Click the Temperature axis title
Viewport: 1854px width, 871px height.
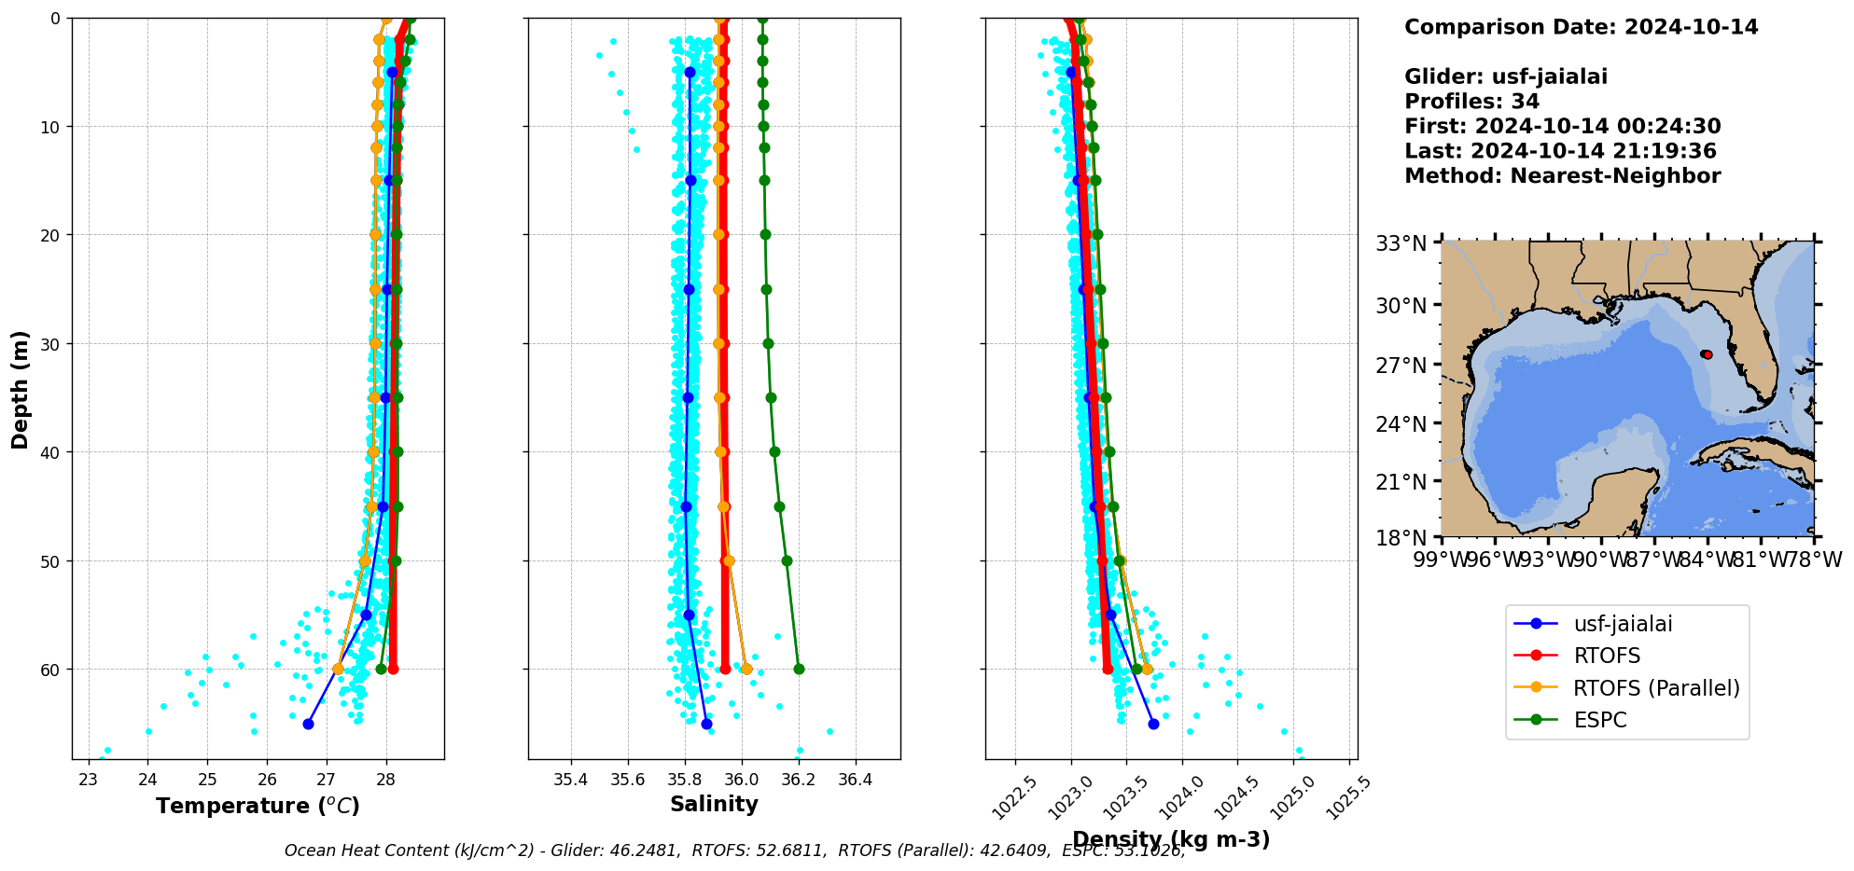(x=258, y=806)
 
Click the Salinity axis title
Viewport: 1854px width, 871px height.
(x=714, y=804)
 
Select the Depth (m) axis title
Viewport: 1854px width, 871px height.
(x=21, y=389)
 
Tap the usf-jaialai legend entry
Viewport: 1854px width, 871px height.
(x=1623, y=624)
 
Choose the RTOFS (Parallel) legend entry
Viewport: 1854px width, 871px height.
(x=1656, y=688)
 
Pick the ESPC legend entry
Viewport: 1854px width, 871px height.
(x=1599, y=720)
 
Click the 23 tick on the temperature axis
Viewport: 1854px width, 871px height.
(x=89, y=780)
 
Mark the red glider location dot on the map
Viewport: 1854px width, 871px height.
(x=1707, y=354)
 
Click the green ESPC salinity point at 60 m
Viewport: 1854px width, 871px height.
(x=799, y=669)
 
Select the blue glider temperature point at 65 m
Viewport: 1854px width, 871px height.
(x=308, y=724)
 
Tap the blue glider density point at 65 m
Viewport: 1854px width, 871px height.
(x=1153, y=724)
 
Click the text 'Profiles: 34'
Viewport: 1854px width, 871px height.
(x=1471, y=102)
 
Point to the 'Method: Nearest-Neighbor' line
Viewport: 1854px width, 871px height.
(x=1562, y=176)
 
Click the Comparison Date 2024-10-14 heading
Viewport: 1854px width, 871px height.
(x=1581, y=27)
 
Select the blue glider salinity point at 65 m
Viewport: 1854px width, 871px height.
(x=706, y=724)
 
